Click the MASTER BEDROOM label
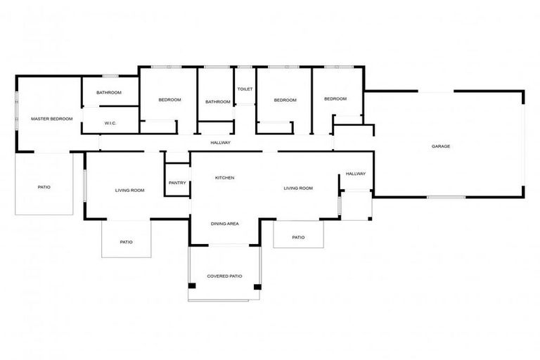tap(51, 119)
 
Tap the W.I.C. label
tap(110, 123)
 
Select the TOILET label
tap(245, 89)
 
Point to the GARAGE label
tap(441, 146)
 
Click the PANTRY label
tap(177, 183)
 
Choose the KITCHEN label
tap(224, 178)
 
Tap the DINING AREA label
tap(225, 224)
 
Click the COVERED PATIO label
tap(224, 276)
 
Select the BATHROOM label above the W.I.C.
tap(109, 93)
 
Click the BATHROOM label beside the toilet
tap(218, 102)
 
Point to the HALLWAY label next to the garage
tap(356, 174)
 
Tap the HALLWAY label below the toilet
tap(220, 143)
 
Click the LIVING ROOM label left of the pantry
tap(130, 191)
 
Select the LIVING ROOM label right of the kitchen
tap(298, 188)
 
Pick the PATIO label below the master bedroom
tap(44, 188)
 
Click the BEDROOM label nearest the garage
tap(335, 99)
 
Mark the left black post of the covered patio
tap(192, 286)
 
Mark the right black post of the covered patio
tap(257, 287)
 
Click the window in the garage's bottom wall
tap(446, 197)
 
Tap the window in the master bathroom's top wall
tap(110, 76)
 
